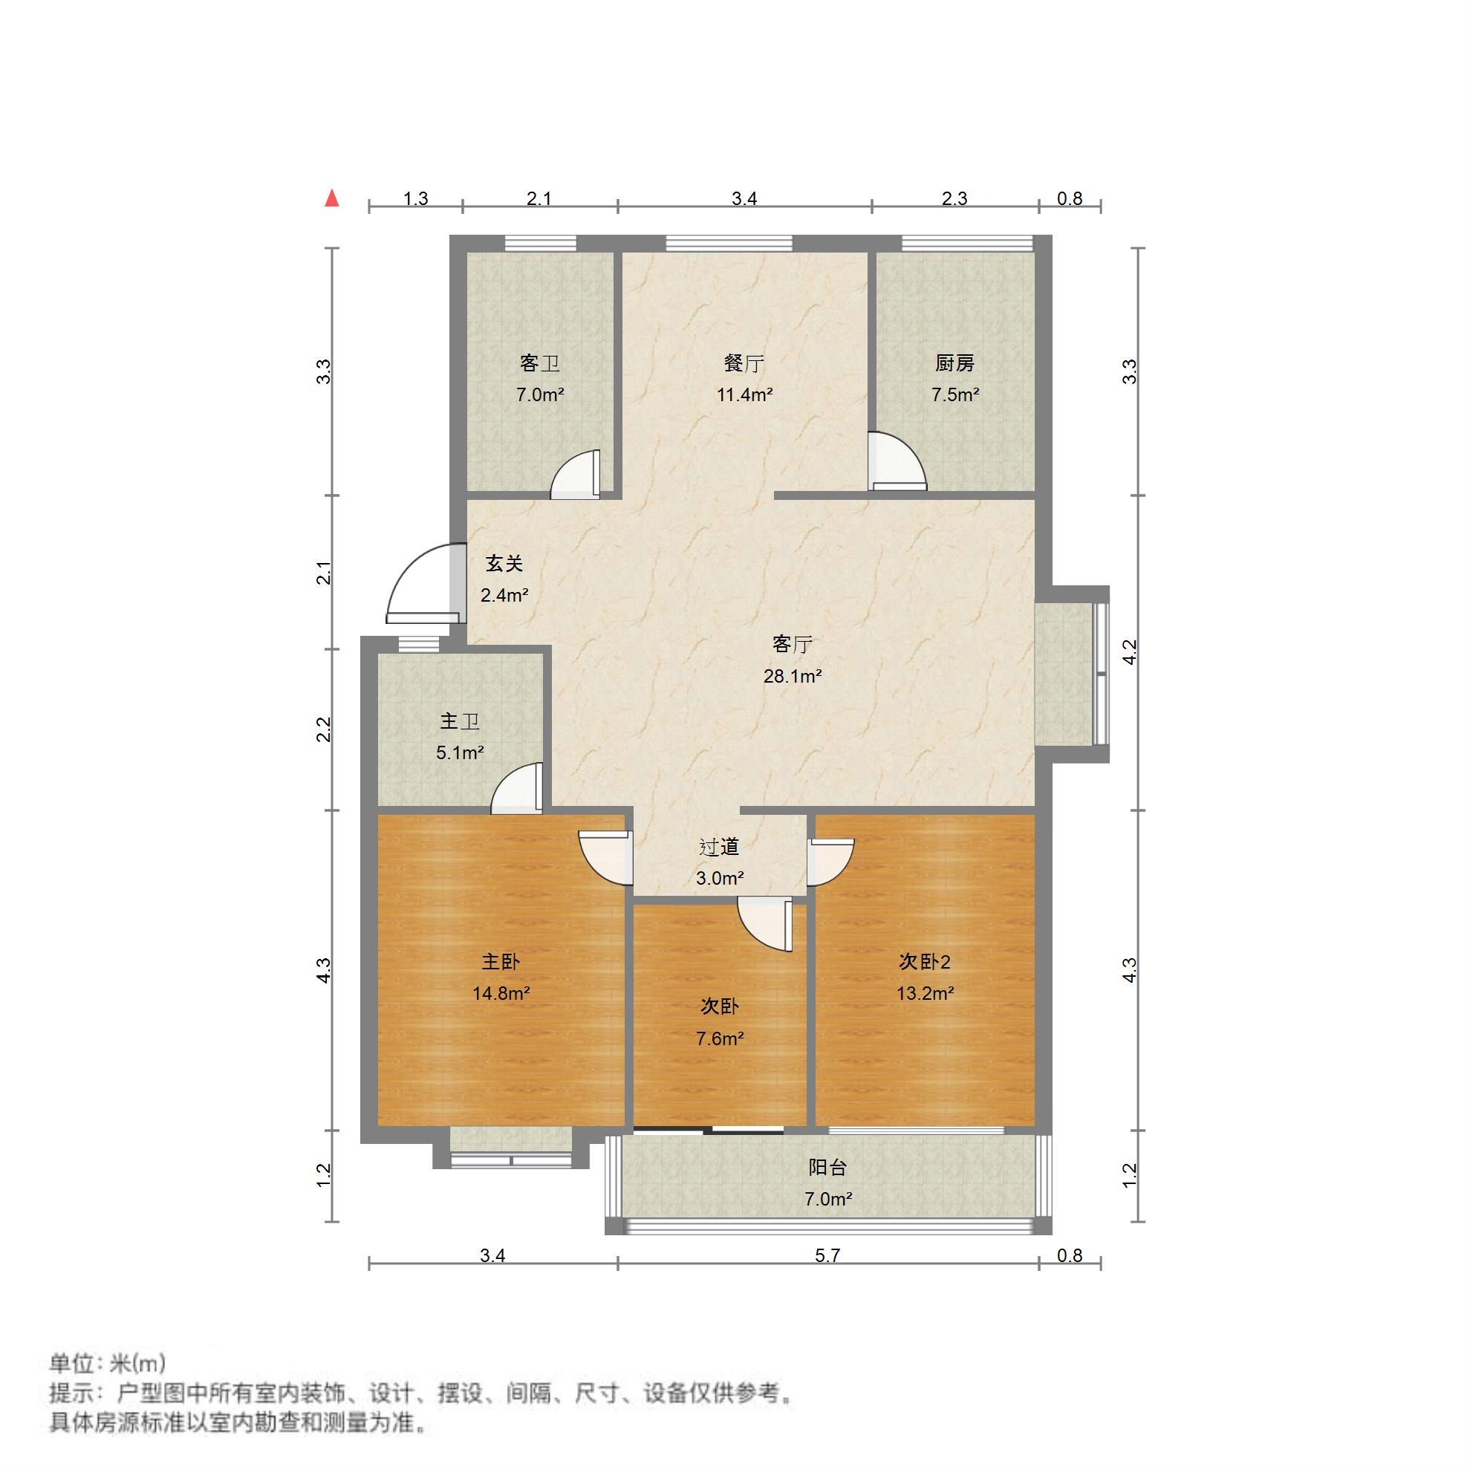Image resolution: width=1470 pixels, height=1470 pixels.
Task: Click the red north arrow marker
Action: (x=332, y=198)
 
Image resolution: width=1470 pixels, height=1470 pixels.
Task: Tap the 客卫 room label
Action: (x=539, y=364)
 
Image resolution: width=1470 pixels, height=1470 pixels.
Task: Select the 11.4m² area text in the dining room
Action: (x=744, y=395)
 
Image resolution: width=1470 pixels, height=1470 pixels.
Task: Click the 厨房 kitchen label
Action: (x=954, y=364)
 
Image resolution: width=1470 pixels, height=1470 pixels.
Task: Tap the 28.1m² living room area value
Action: (x=792, y=677)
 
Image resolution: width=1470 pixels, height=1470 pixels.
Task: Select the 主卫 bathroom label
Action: (x=460, y=721)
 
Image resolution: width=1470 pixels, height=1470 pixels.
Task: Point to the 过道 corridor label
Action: (x=719, y=847)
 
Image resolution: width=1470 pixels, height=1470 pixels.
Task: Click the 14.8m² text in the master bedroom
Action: (x=501, y=994)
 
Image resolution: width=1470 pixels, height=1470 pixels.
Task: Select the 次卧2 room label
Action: (x=925, y=963)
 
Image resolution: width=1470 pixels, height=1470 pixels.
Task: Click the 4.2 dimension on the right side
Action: (x=1130, y=653)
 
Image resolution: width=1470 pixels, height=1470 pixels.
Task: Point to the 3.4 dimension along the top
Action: (x=744, y=199)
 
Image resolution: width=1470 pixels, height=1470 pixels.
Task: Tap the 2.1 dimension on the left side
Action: (x=325, y=572)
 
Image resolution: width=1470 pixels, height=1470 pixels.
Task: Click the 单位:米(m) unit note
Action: (x=107, y=1363)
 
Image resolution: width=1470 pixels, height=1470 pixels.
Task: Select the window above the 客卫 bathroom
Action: (x=540, y=244)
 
